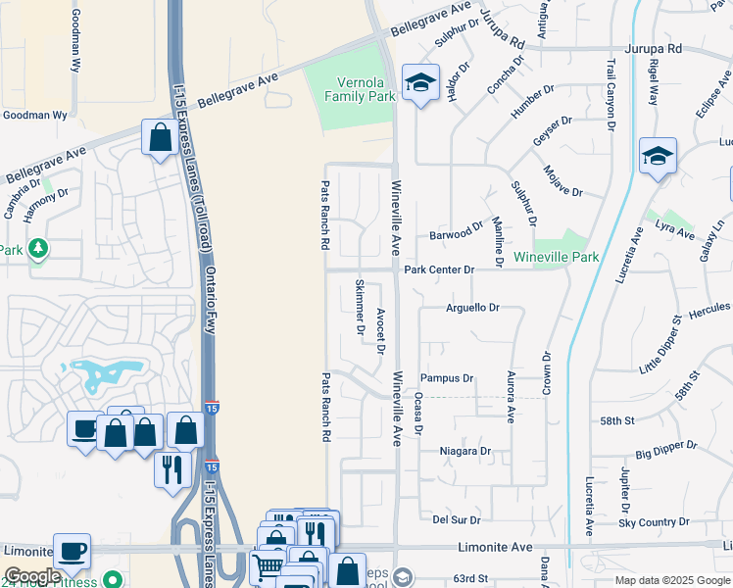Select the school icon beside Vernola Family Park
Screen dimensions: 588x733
pos(420,85)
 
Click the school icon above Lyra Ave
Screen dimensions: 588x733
pos(658,156)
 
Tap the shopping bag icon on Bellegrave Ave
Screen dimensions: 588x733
pos(160,138)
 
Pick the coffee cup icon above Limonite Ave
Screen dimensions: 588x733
pos(73,551)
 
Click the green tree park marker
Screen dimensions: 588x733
pos(37,249)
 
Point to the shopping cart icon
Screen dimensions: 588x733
pos(268,566)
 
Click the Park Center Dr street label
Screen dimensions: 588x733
pos(439,269)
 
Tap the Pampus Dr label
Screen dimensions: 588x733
pos(447,377)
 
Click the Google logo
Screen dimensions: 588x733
pos(32,576)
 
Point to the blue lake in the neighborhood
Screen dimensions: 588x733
pos(99,373)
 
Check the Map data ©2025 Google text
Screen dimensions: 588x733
pos(672,580)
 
